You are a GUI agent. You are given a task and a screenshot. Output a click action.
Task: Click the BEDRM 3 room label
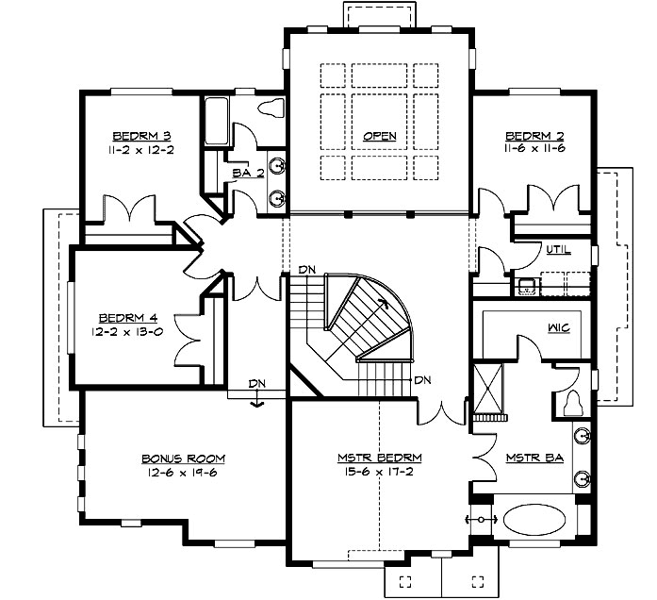tap(141, 136)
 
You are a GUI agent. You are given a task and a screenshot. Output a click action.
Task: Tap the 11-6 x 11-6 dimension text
tap(534, 148)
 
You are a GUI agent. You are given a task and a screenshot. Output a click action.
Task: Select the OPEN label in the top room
tap(380, 136)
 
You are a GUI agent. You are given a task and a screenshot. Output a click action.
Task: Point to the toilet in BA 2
tap(271, 108)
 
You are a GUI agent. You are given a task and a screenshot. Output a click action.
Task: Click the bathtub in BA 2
tap(217, 121)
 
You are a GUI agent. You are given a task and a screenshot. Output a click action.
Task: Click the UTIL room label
tap(559, 250)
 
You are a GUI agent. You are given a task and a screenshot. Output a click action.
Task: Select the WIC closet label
tap(559, 327)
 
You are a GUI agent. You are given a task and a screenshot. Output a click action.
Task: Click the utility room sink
tap(526, 287)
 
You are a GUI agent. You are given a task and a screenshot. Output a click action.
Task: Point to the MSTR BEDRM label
tap(380, 458)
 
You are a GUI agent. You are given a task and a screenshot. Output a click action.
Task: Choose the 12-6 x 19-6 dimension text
tap(183, 473)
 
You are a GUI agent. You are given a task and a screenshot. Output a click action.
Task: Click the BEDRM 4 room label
tap(128, 318)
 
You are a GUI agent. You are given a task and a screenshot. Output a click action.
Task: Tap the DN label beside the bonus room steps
tap(256, 383)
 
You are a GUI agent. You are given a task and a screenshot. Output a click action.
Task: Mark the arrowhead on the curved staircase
tap(383, 303)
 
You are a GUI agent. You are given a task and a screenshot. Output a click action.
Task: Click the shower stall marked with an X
tap(487, 389)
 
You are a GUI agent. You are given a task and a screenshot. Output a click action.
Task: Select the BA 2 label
tap(249, 173)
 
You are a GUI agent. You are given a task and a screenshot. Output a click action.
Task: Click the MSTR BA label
tap(534, 458)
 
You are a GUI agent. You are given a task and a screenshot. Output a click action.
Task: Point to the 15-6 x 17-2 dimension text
tap(380, 472)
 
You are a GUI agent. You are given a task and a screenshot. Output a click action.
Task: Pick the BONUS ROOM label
tap(183, 458)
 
